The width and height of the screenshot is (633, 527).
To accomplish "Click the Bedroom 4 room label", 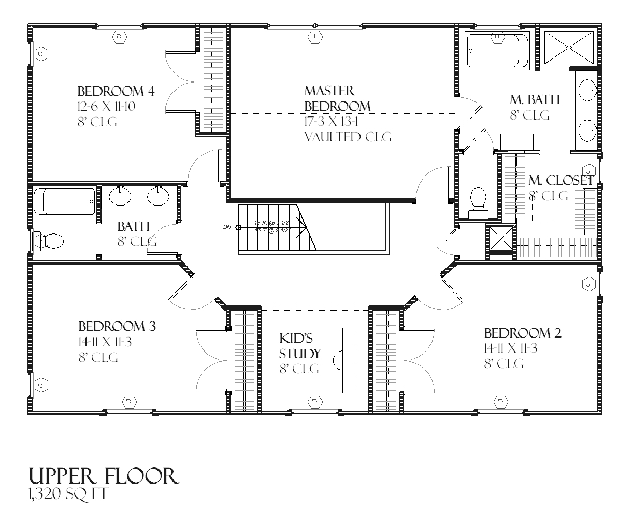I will tap(116, 92).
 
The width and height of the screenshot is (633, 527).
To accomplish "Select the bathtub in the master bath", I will tap(497, 51).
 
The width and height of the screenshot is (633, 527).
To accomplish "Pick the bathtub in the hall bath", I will tap(65, 201).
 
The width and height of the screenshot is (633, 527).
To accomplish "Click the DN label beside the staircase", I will tap(227, 227).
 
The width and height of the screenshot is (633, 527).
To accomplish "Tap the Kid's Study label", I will tap(299, 346).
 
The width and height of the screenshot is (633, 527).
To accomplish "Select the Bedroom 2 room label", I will tap(522, 333).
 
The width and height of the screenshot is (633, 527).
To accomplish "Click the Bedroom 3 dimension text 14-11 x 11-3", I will tap(105, 342).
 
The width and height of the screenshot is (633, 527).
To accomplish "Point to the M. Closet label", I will tap(560, 181).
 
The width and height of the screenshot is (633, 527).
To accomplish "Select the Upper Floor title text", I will tap(104, 476).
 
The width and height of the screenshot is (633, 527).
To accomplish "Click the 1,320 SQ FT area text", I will tap(67, 494).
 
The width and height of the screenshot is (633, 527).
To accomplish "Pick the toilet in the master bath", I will tap(477, 201).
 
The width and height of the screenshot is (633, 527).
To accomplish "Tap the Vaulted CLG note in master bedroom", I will tap(348, 137).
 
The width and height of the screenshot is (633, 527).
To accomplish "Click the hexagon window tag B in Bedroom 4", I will tap(119, 36).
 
